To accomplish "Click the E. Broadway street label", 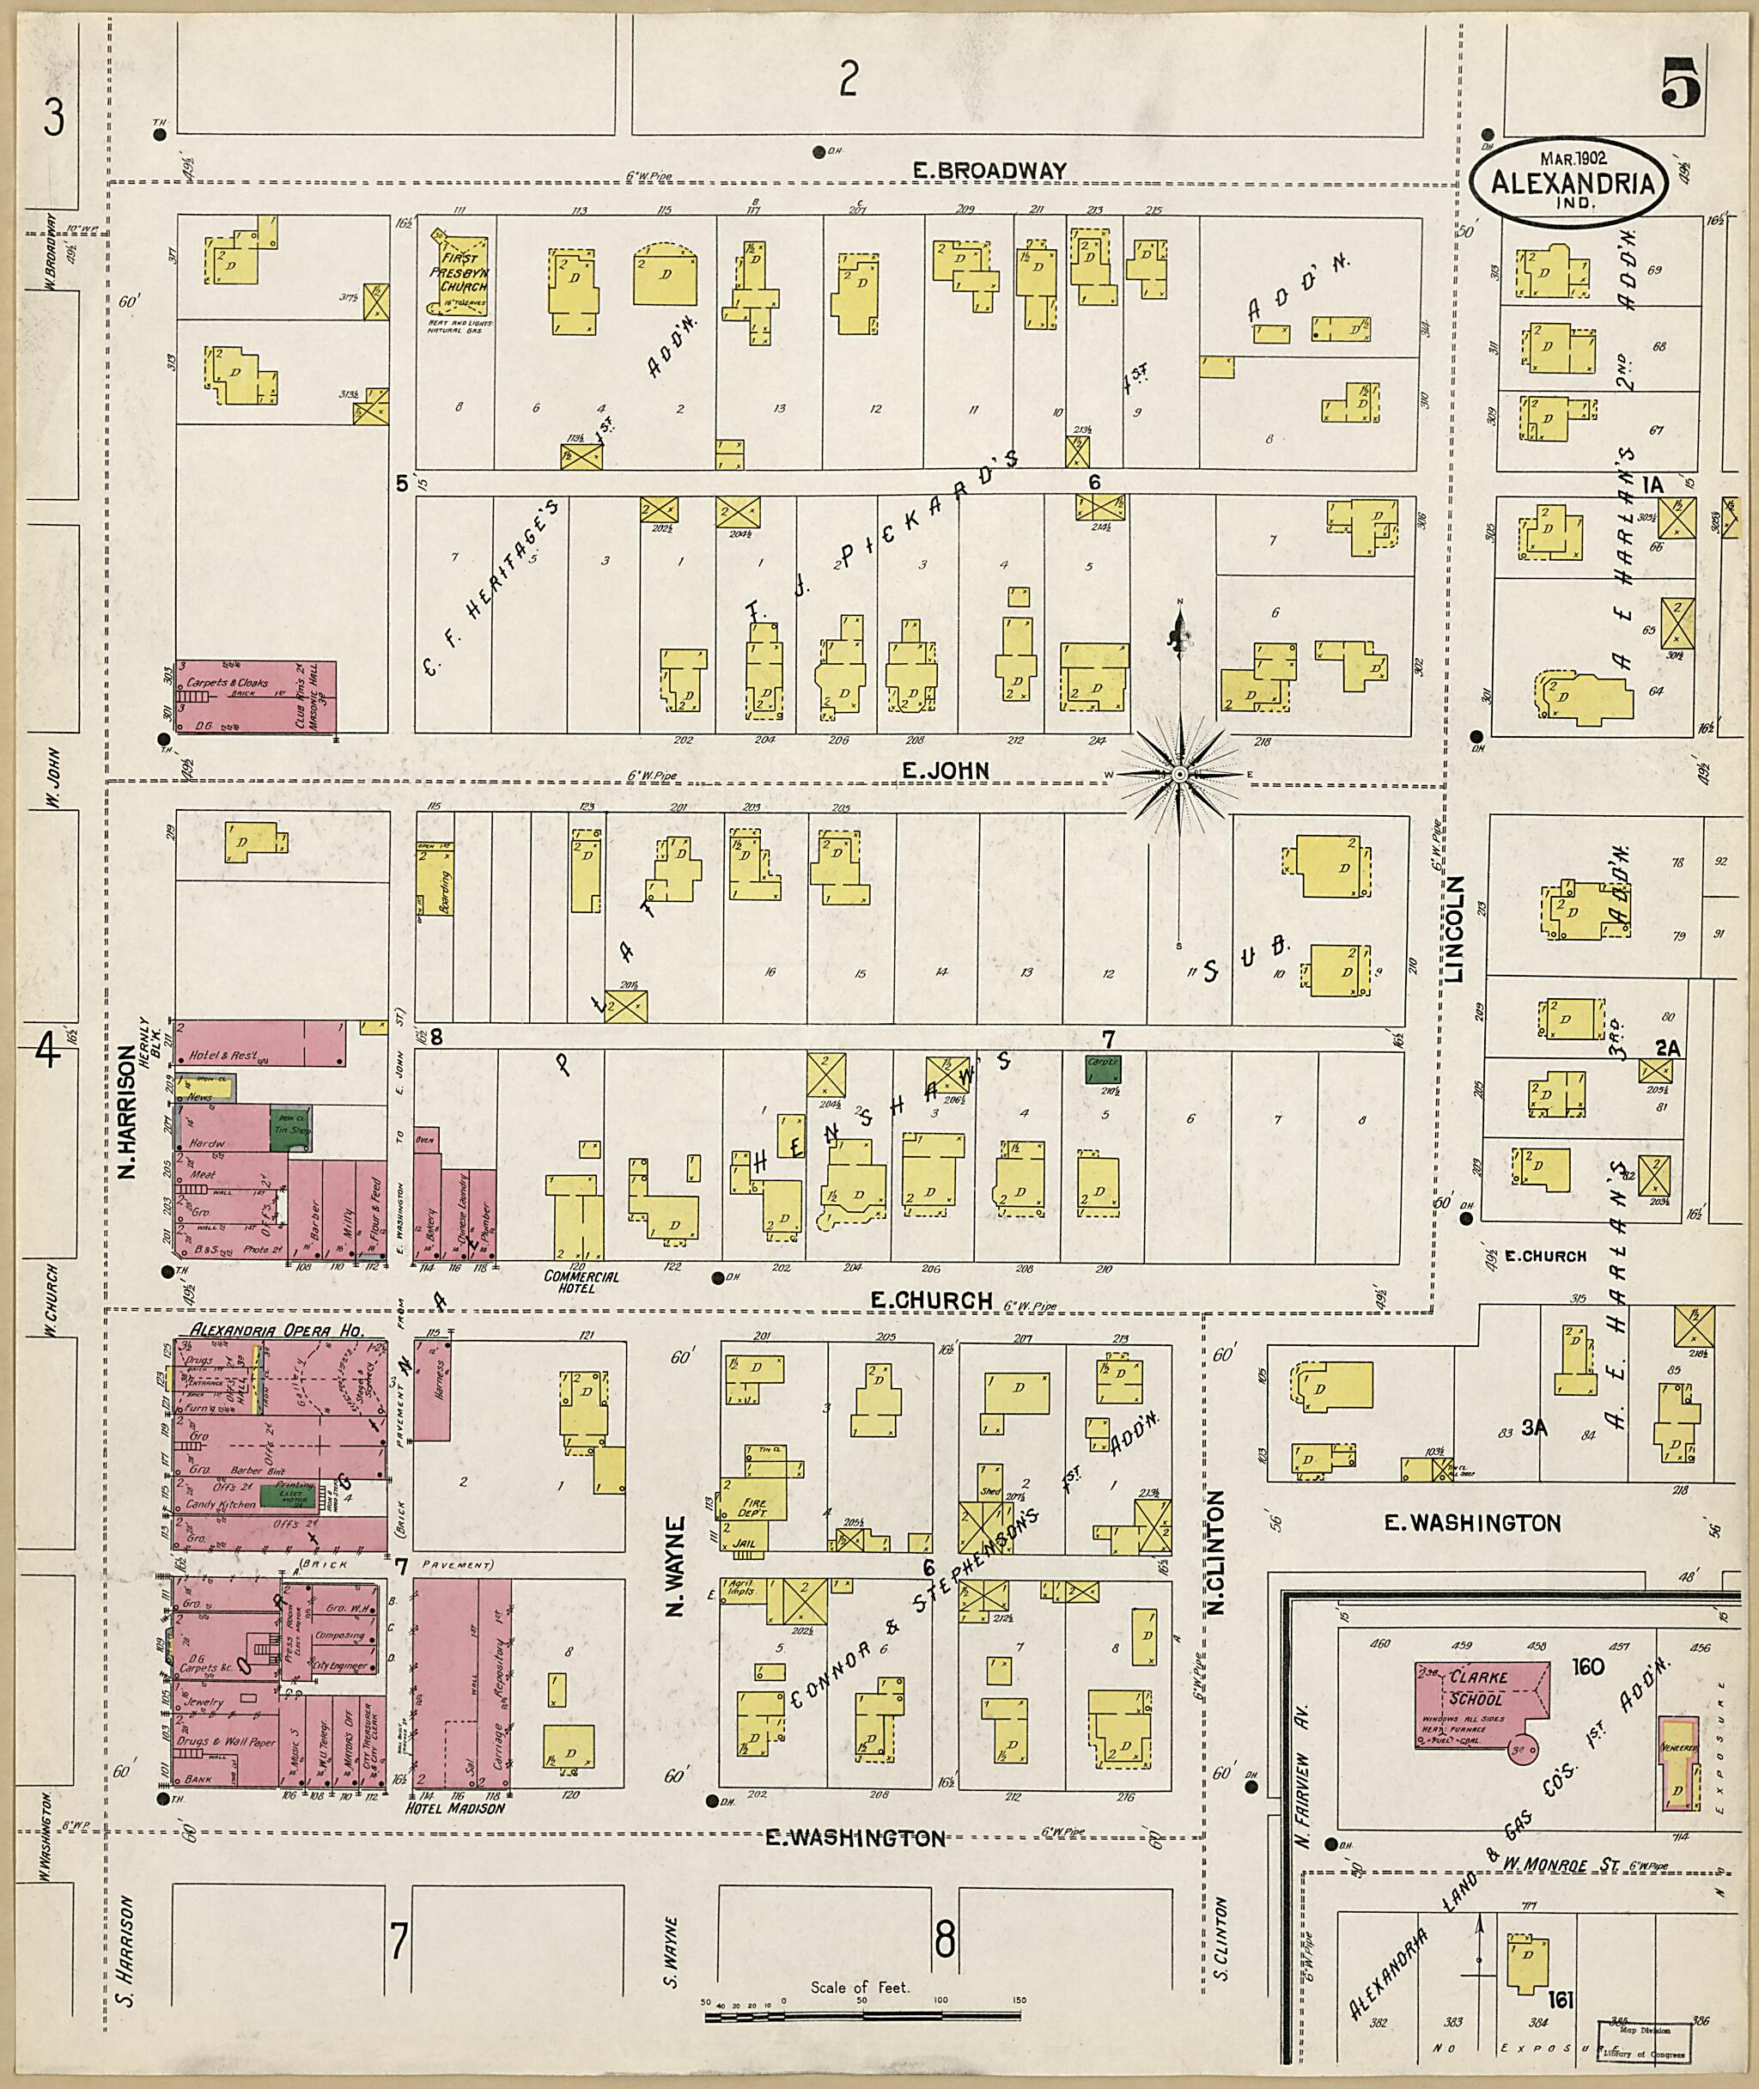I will [990, 171].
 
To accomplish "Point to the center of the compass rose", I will [1178, 774].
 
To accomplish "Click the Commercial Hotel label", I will [581, 1282].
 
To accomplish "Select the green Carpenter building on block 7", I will [1103, 1070].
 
